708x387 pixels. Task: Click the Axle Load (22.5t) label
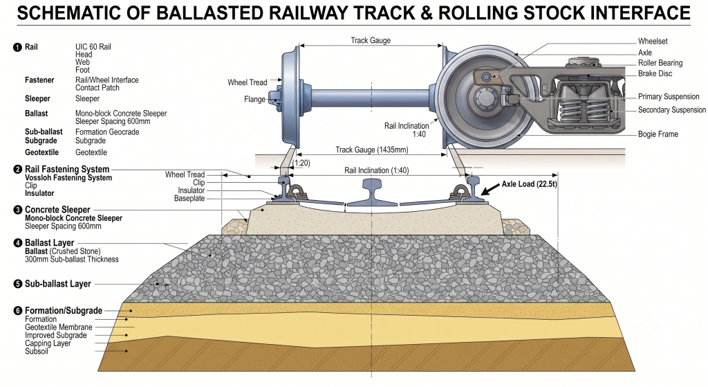point(529,184)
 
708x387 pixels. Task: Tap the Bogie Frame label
point(658,134)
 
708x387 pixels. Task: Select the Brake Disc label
point(655,73)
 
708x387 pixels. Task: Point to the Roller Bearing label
point(660,63)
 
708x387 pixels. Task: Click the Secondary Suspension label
point(672,110)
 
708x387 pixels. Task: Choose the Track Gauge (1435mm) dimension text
point(371,150)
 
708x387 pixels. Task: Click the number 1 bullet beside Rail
point(17,47)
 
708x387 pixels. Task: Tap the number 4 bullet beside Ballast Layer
point(17,243)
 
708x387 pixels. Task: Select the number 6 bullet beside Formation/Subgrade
point(17,311)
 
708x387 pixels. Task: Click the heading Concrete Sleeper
point(57,210)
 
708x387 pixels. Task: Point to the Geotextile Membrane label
point(58,327)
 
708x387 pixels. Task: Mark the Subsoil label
point(36,351)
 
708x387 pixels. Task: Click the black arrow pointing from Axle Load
point(490,190)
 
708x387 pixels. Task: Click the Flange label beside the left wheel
point(254,100)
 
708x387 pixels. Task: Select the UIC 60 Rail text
point(93,47)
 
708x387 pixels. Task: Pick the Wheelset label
point(653,42)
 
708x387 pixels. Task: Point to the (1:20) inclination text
point(301,163)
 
